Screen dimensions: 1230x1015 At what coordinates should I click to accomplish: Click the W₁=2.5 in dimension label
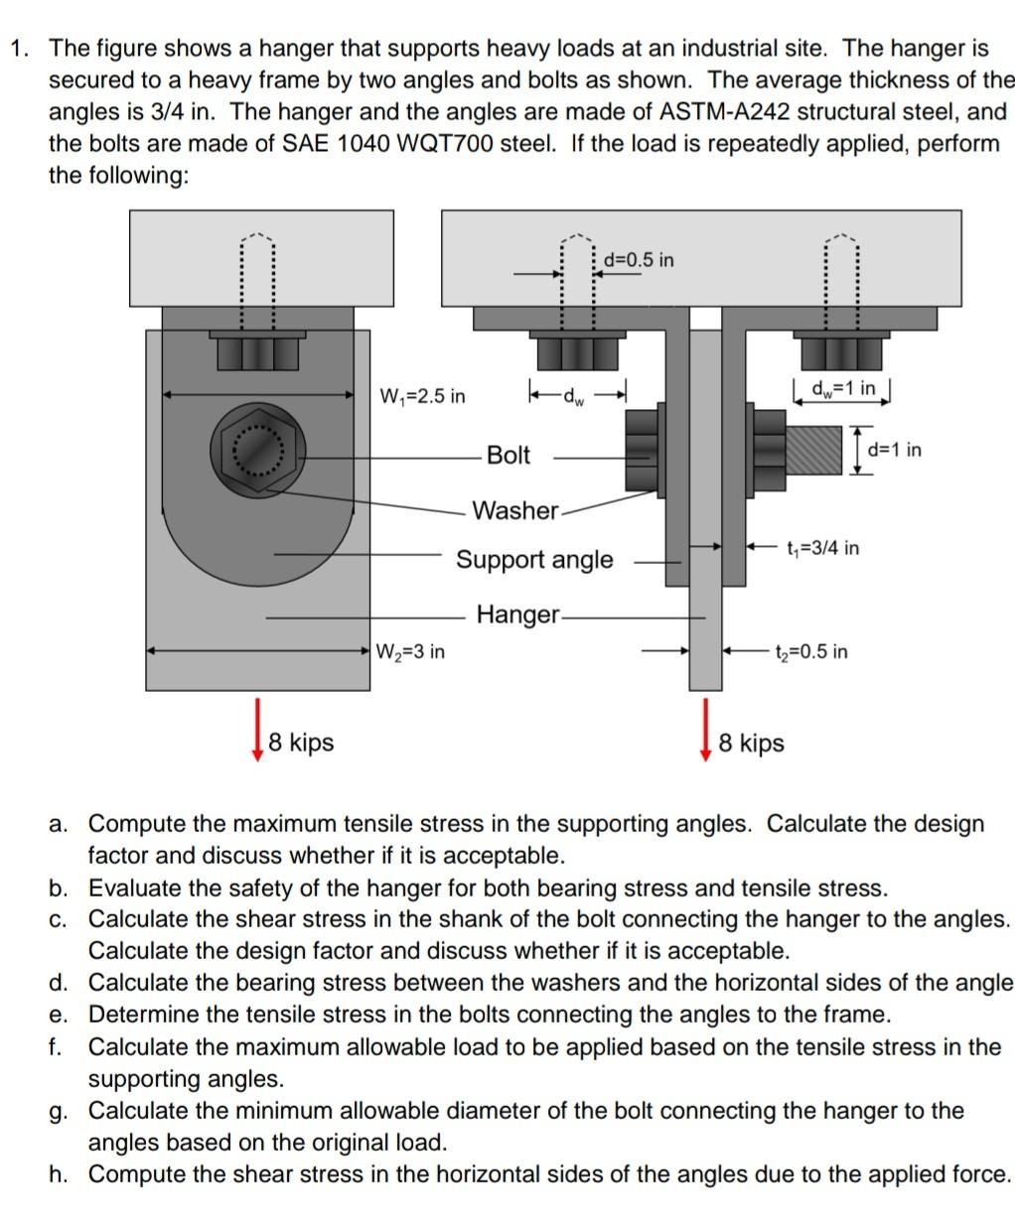click(422, 397)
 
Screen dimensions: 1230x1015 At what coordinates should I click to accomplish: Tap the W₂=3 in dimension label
click(410, 652)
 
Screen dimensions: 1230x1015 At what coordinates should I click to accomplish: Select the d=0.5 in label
click(638, 260)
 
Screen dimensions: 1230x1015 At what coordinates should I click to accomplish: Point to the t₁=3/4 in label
click(822, 548)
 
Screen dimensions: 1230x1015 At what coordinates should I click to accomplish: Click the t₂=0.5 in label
click(811, 652)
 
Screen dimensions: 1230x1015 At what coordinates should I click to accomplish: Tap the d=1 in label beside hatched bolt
click(894, 450)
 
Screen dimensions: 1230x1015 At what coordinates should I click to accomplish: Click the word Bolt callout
click(508, 456)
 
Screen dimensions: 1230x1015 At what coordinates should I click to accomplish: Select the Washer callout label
click(514, 511)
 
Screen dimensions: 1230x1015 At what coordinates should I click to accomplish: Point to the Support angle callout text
click(534, 560)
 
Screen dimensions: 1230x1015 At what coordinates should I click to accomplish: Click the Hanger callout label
click(517, 615)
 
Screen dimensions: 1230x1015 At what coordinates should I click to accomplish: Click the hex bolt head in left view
click(257, 453)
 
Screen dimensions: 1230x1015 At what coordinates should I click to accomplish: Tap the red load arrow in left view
click(258, 729)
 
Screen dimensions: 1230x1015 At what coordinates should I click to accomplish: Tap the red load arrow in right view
click(706, 729)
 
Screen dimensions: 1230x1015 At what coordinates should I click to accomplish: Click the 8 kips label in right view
click(751, 744)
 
